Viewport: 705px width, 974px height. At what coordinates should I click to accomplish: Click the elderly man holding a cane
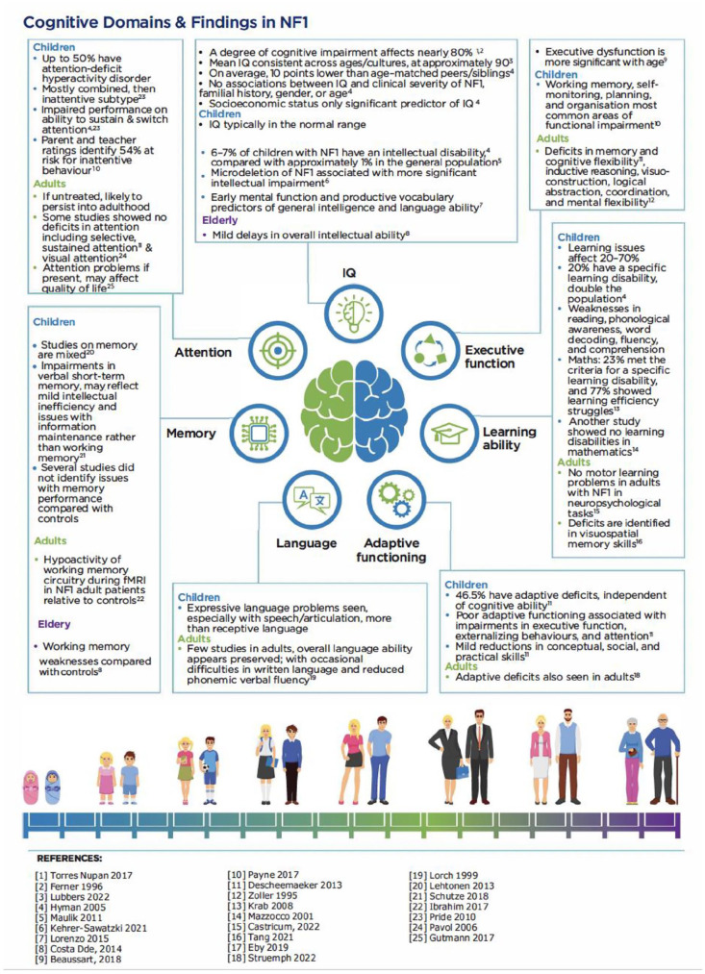click(x=662, y=757)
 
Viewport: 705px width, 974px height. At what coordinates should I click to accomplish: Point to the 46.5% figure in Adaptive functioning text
click(x=470, y=598)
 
